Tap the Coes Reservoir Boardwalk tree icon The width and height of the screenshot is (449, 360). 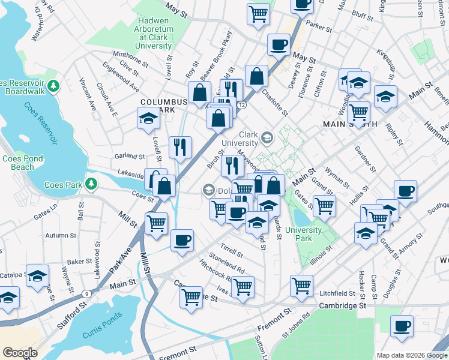[53, 86]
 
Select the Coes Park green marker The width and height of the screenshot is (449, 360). [91, 183]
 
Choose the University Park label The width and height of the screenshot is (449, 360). [304, 234]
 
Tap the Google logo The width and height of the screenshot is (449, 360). [20, 353]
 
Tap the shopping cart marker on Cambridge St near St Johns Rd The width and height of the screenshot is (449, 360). [301, 286]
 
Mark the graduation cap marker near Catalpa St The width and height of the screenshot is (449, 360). [37, 275]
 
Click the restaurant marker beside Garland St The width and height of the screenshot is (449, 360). [180, 148]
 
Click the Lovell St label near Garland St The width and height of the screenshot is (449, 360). [157, 149]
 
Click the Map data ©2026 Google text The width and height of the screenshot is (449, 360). [411, 355]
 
